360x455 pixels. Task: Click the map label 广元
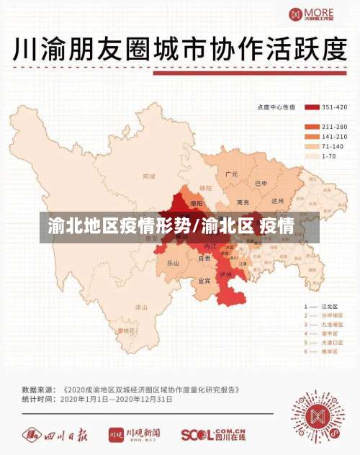point(231,174)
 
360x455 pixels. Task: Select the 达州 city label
point(278,201)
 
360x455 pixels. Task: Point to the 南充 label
point(243,202)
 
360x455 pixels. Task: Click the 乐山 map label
point(173,263)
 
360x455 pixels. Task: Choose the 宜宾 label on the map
point(204,280)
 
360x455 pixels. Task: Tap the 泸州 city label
point(225,274)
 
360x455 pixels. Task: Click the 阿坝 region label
point(149,176)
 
